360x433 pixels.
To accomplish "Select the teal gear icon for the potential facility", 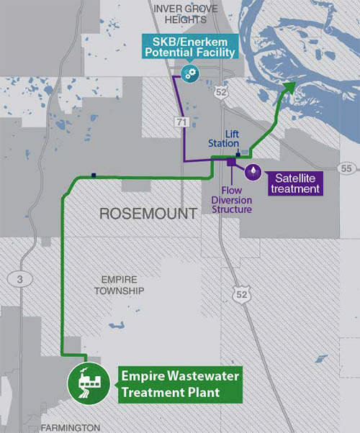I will point(190,73).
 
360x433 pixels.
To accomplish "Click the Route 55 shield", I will point(347,168).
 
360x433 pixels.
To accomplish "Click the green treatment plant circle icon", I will point(89,383).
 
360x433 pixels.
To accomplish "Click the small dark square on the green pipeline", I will point(94,175).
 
